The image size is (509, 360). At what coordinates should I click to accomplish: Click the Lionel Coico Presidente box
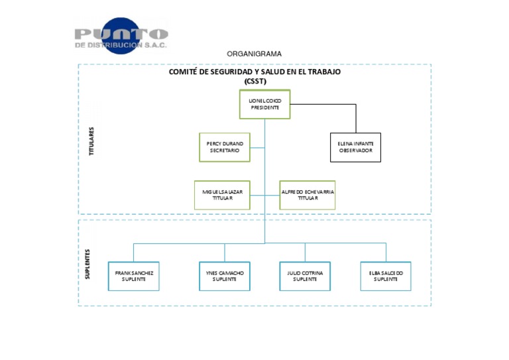pos(264,104)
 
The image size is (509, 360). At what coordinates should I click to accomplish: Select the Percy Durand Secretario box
pos(224,147)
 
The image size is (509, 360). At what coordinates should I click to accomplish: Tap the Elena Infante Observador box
pos(355,147)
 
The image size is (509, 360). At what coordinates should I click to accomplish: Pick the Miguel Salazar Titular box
pos(222,195)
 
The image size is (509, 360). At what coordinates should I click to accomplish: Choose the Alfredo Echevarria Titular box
pos(308,195)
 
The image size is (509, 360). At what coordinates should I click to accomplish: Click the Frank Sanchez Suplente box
pos(133,276)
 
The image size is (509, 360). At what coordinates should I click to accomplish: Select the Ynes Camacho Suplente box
pos(224,276)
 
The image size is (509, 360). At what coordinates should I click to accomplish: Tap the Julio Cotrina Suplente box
pos(305,276)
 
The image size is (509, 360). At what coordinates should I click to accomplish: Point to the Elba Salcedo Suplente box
pos(386,276)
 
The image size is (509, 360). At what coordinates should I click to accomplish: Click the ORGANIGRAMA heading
pos(254,54)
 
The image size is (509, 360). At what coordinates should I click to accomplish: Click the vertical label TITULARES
pos(91,141)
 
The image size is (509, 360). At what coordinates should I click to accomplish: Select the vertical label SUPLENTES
pos(87,264)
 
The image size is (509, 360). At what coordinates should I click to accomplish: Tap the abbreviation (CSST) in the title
pos(254,81)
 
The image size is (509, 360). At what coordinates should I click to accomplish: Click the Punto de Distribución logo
pos(121,36)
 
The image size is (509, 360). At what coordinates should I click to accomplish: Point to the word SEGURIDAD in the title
pos(233,72)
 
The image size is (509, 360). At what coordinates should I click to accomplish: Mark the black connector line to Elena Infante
pos(356,117)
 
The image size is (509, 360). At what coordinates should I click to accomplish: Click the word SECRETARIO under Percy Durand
pos(224,150)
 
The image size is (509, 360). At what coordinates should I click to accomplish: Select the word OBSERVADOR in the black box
pos(355,150)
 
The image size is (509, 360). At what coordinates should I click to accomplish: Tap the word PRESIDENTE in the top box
pos(264,107)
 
